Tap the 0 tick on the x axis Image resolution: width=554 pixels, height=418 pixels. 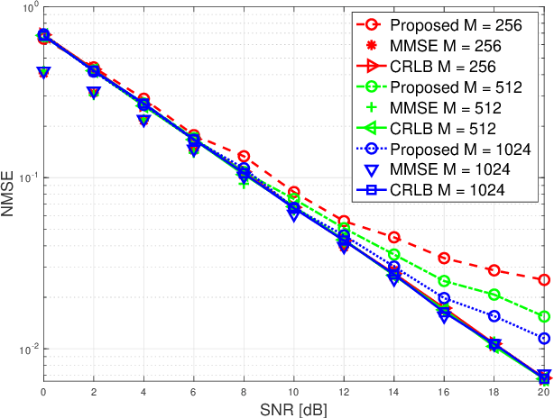click(x=43, y=393)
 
